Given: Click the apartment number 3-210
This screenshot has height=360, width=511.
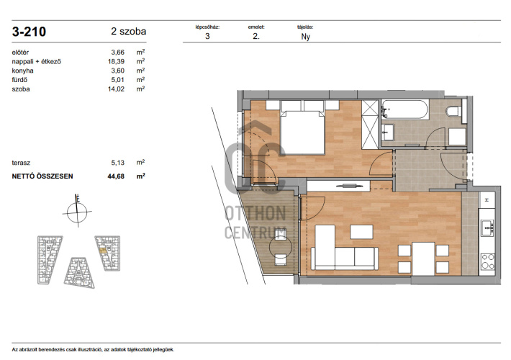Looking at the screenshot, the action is (29, 32).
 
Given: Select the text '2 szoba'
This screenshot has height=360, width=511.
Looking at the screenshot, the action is (128, 31).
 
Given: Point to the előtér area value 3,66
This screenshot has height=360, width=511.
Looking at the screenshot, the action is (117, 52).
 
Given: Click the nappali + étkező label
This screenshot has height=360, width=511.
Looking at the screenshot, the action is (36, 62).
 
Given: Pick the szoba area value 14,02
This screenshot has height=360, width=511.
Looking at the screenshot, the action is (116, 89).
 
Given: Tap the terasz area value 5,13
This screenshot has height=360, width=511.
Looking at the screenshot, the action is (117, 163).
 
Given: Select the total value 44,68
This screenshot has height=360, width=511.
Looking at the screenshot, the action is (116, 176).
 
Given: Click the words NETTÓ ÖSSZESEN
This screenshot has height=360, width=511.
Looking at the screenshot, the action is (42, 176).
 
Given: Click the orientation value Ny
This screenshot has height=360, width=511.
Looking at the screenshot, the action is (305, 37).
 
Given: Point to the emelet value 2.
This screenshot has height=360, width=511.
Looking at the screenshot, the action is (256, 36).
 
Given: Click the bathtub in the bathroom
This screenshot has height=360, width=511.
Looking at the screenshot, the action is (404, 110).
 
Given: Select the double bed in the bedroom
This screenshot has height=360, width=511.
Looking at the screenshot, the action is (302, 132).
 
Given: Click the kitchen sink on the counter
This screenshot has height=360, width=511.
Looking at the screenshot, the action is (487, 228).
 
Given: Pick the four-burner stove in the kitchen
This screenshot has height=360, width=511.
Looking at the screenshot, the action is (487, 261).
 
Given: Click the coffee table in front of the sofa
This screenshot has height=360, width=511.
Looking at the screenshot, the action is (361, 232).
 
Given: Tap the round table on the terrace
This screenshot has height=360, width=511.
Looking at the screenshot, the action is (280, 247).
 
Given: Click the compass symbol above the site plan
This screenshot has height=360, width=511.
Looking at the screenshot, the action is (77, 211).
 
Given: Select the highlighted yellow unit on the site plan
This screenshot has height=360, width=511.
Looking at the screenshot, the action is (103, 251).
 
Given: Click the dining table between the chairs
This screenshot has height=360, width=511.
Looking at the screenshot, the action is (423, 258).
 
